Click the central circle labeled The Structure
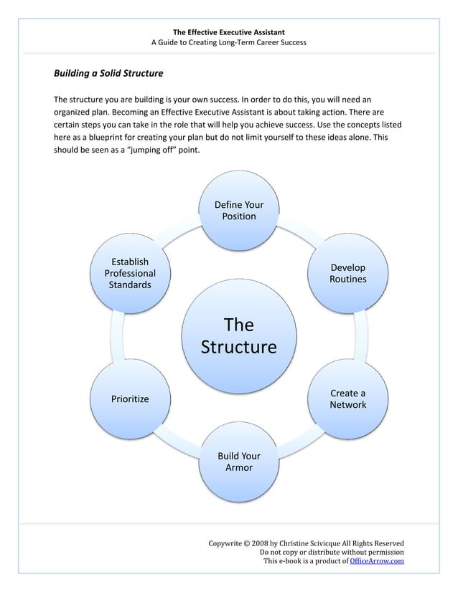pyautogui.click(x=238, y=336)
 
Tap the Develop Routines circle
pyautogui.click(x=347, y=273)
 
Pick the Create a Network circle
pyautogui.click(x=347, y=399)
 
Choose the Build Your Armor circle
pyautogui.click(x=238, y=462)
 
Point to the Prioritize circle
pyautogui.click(x=130, y=399)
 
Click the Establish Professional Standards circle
pyautogui.click(x=130, y=273)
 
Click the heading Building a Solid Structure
pyautogui.click(x=108, y=74)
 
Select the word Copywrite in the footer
pyautogui.click(x=225, y=543)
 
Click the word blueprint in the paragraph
pyautogui.click(x=95, y=138)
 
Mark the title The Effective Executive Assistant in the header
pyautogui.click(x=229, y=32)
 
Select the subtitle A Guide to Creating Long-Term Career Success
pyautogui.click(x=229, y=43)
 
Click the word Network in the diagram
pyautogui.click(x=347, y=406)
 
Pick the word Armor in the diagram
pyautogui.click(x=238, y=469)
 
